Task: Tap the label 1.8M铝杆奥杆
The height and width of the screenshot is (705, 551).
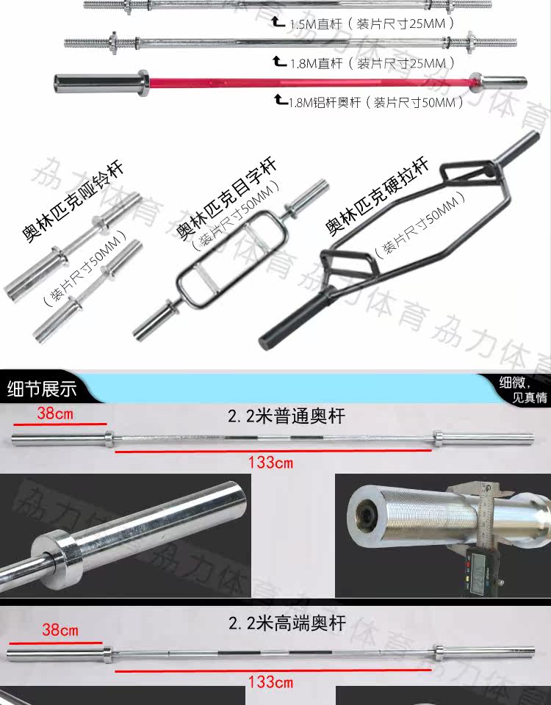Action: pos(331,102)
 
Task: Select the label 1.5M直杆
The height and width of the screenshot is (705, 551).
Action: pos(316,23)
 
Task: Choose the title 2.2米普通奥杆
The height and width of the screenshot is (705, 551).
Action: pos(286,417)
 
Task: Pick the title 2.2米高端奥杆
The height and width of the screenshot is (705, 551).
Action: pos(286,625)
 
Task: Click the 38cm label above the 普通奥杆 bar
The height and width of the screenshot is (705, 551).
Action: pos(55,413)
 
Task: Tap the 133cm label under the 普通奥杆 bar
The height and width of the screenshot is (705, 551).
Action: pos(270,463)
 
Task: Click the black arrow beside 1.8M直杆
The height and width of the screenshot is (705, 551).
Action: pos(279,60)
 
